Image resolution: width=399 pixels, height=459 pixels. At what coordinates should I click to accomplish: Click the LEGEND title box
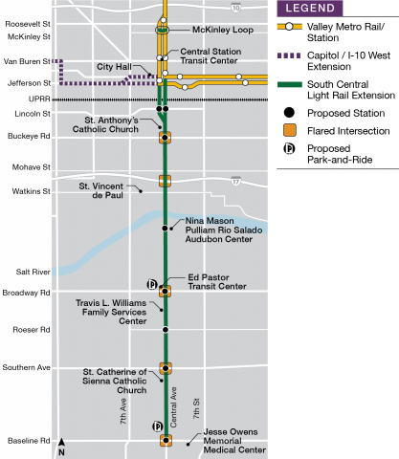pyautogui.click(x=309, y=9)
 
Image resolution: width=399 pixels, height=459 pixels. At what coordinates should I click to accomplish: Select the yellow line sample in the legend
pyautogui.click(x=289, y=27)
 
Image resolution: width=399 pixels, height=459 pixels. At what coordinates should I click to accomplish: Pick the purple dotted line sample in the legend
pyautogui.click(x=288, y=55)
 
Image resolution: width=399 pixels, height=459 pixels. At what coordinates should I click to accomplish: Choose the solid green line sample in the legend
pyautogui.click(x=289, y=85)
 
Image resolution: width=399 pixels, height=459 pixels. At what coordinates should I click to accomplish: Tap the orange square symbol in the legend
pyautogui.click(x=289, y=130)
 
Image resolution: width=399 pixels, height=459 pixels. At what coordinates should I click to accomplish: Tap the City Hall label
pyautogui.click(x=114, y=67)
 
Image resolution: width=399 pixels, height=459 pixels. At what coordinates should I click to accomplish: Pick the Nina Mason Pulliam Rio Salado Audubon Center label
pyautogui.click(x=219, y=229)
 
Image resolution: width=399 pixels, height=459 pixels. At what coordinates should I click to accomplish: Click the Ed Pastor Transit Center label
pyautogui.click(x=217, y=281)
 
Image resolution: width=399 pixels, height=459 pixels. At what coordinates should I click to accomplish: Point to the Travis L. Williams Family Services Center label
pyautogui.click(x=111, y=312)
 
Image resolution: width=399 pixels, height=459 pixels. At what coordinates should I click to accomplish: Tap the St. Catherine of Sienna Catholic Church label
pyautogui.click(x=114, y=381)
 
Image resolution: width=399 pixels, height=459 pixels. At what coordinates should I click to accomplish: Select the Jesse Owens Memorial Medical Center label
pyautogui.click(x=234, y=440)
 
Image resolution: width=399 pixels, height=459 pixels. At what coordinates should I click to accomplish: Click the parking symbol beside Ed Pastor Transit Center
pyautogui.click(x=150, y=283)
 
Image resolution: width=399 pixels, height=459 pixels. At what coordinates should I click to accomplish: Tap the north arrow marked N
pyautogui.click(x=62, y=447)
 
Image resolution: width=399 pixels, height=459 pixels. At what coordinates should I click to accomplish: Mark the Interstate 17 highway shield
pyautogui.click(x=235, y=180)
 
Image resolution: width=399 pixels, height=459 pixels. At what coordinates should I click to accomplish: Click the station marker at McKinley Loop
pyautogui.click(x=163, y=30)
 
